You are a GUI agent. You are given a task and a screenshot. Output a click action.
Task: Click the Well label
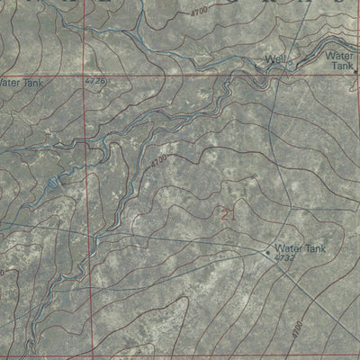coord(274,60)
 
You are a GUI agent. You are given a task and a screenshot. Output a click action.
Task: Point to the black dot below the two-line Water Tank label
coord(355,71)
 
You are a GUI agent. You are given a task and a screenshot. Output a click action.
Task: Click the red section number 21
coord(227,213)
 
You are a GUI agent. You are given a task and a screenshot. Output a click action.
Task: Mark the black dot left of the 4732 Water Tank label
coord(268,252)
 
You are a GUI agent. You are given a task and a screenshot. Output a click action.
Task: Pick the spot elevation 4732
coord(286,258)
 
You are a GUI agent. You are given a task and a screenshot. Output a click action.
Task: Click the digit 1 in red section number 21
coord(231,213)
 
